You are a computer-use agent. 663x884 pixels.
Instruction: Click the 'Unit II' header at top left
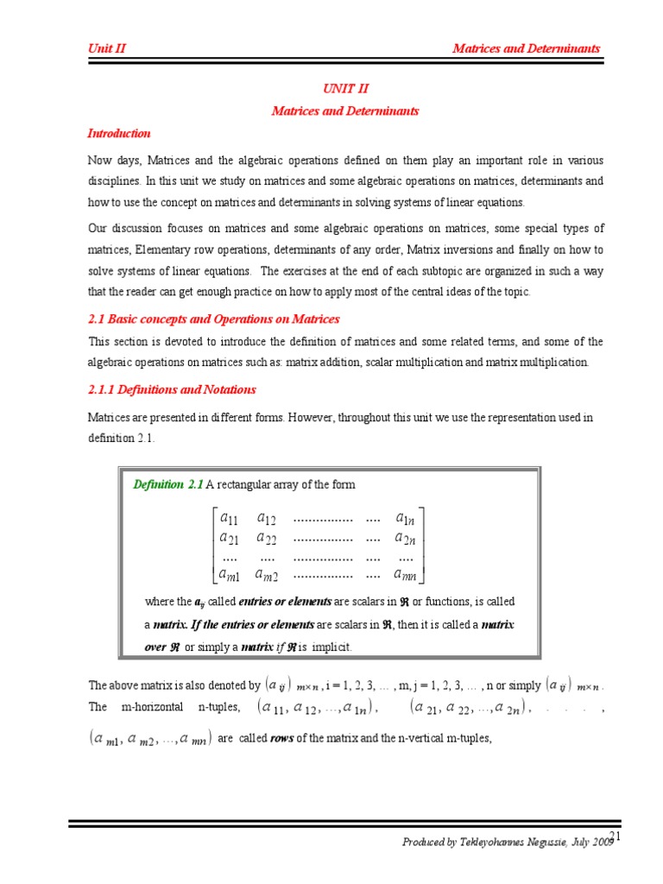tap(107, 48)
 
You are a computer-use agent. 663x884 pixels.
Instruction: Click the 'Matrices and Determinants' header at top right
tap(526, 48)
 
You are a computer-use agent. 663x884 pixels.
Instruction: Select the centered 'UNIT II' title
tap(345, 89)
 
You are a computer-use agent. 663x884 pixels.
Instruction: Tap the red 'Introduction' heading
tap(119, 133)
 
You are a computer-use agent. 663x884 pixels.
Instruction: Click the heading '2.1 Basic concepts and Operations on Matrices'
tap(213, 319)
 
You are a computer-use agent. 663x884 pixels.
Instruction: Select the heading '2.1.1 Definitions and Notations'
tap(172, 389)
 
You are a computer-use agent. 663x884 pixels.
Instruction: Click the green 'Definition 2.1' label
tap(167, 484)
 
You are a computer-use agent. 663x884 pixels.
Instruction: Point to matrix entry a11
tap(230, 519)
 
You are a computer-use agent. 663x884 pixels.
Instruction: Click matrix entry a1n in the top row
tap(406, 519)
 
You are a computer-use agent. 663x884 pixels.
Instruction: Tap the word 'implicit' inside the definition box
tap(333, 647)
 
